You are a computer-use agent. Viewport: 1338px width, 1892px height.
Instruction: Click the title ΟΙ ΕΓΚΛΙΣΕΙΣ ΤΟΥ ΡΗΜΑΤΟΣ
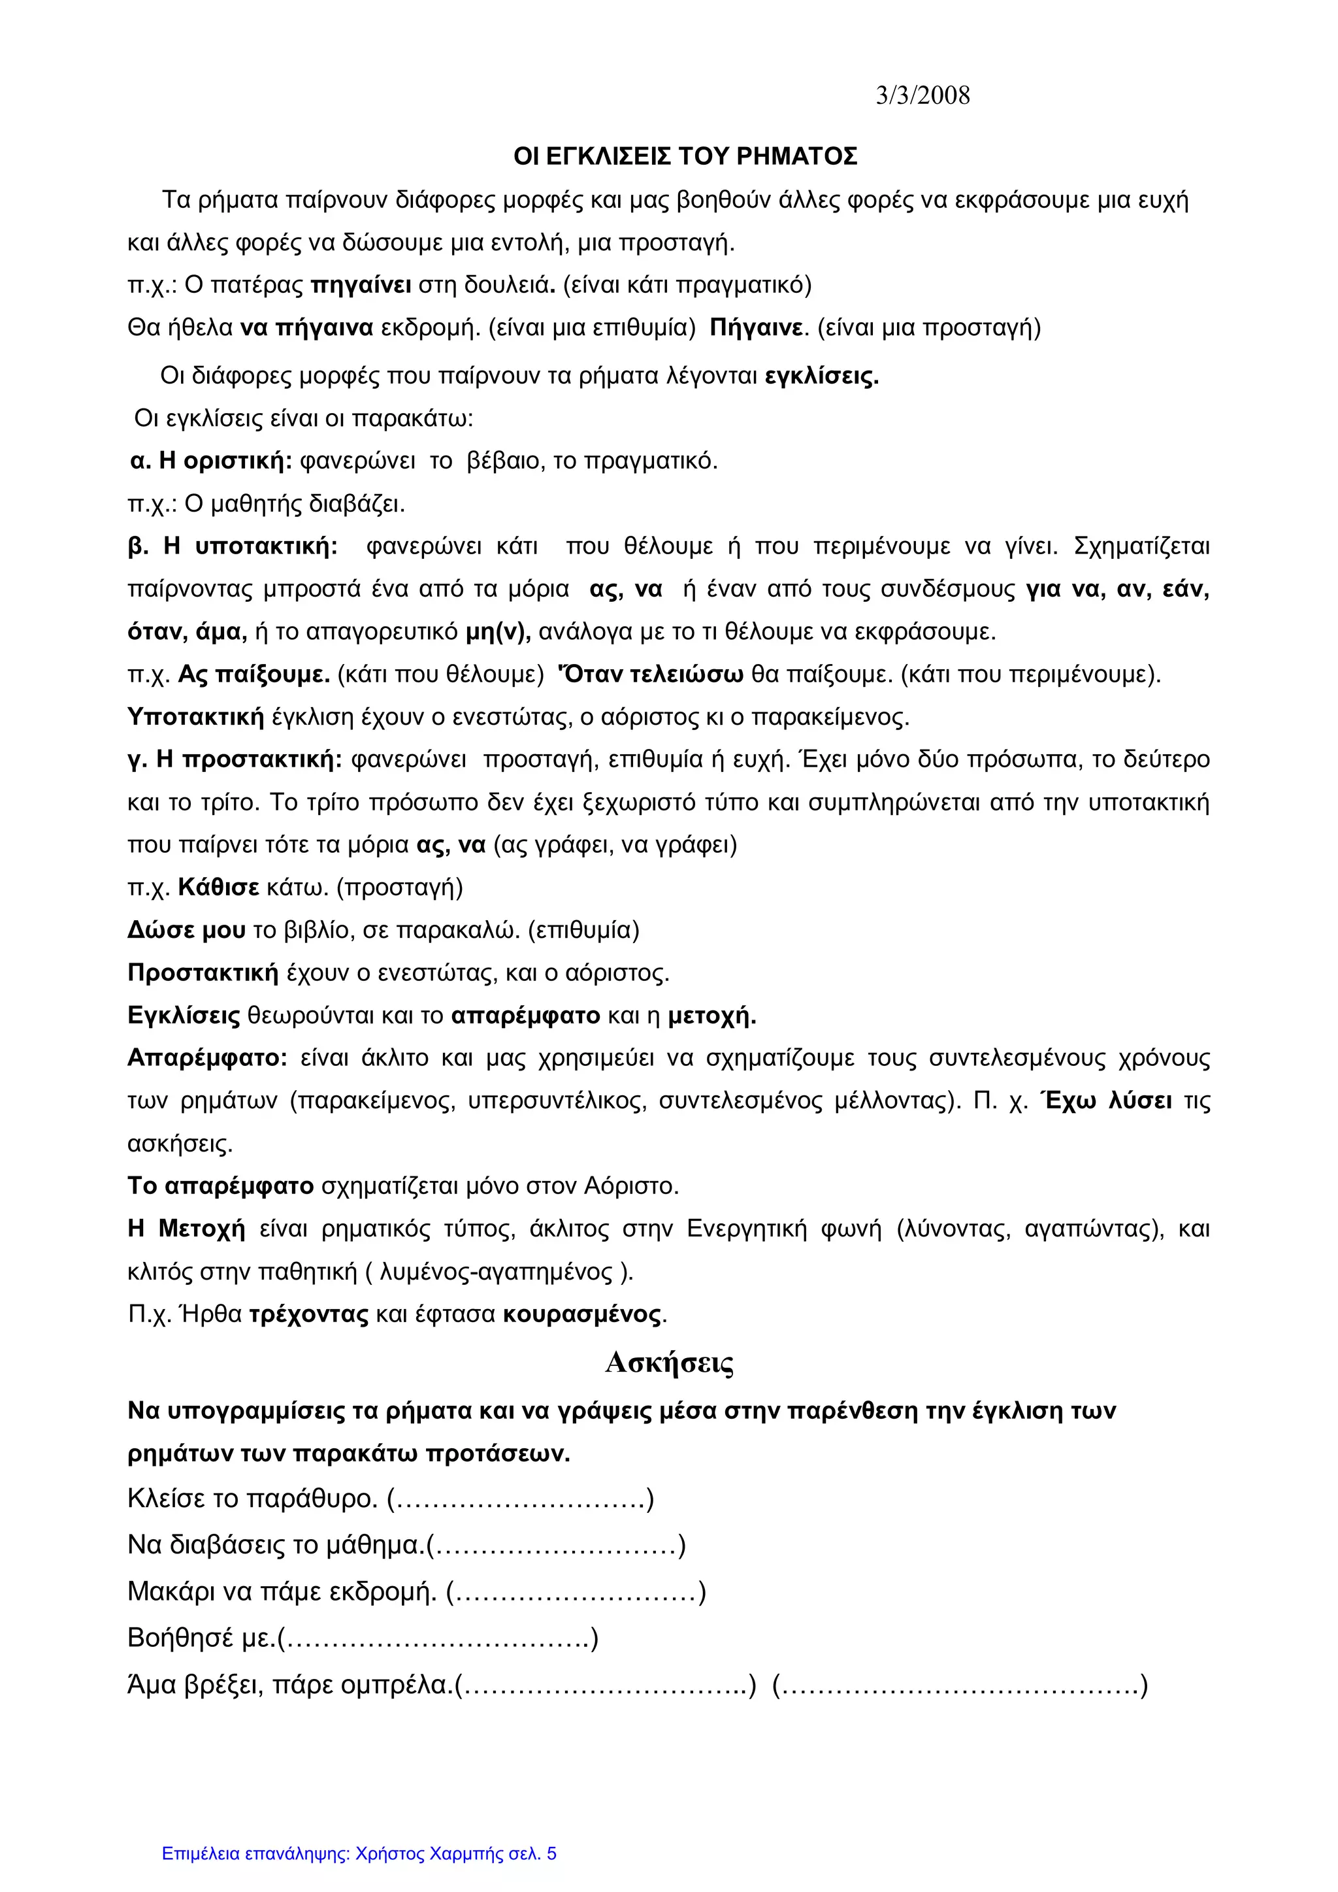pyautogui.click(x=685, y=157)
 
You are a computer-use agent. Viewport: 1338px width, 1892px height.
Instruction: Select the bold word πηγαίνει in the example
pyautogui.click(x=361, y=285)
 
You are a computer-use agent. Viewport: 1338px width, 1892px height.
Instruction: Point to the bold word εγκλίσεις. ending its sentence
pyautogui.click(x=821, y=376)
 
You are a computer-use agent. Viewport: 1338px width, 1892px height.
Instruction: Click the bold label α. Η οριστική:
pyautogui.click(x=212, y=461)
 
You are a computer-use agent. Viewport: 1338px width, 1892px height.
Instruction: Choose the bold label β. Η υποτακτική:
pyautogui.click(x=233, y=546)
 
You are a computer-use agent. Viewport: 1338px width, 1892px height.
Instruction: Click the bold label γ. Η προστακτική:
pyautogui.click(x=235, y=759)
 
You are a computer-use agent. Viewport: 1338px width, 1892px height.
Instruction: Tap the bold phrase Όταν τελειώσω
pyautogui.click(x=651, y=674)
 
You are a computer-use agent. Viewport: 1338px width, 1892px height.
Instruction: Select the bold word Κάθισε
pyautogui.click(x=218, y=888)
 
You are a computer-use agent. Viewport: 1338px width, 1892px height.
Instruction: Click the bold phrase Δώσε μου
pyautogui.click(x=186, y=931)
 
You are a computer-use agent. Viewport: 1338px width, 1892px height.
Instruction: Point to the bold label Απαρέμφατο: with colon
pyautogui.click(x=207, y=1058)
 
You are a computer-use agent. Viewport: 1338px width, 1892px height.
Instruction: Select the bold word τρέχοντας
pyautogui.click(x=309, y=1314)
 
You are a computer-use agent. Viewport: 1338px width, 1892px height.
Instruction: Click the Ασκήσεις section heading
pyautogui.click(x=669, y=1364)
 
